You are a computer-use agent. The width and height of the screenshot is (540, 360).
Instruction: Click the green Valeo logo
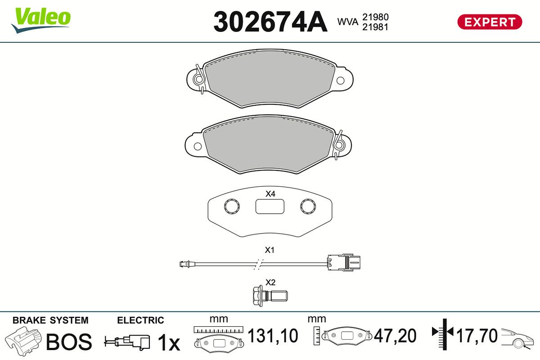(41, 20)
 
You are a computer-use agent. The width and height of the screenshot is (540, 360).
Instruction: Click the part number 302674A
(270, 22)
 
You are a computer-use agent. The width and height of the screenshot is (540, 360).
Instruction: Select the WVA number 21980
(375, 17)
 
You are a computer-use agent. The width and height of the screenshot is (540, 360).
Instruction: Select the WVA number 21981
(375, 27)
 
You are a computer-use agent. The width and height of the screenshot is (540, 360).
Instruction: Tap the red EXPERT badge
(490, 22)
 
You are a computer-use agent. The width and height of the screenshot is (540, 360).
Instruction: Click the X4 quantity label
(270, 193)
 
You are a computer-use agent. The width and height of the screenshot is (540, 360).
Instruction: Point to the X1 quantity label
(270, 250)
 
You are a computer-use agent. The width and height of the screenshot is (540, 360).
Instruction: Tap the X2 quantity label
(270, 282)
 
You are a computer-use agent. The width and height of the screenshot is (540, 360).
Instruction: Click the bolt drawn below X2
(270, 296)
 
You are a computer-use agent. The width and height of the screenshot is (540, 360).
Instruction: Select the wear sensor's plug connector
(344, 262)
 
